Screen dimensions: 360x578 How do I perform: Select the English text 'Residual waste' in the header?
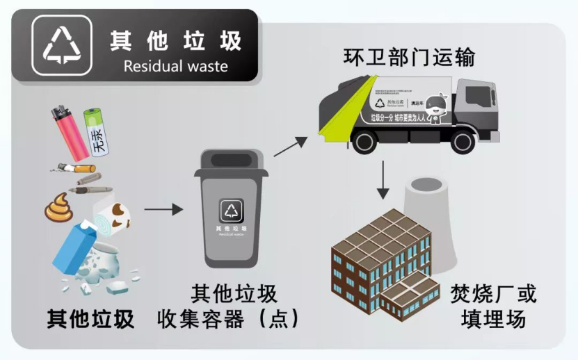click(175, 67)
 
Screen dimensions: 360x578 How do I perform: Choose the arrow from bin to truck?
click(290, 146)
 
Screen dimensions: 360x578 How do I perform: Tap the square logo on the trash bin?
click(232, 210)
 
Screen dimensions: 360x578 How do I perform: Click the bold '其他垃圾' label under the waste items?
click(90, 318)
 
